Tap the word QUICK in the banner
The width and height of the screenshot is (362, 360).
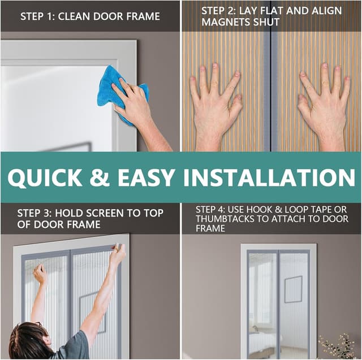coord(45,177)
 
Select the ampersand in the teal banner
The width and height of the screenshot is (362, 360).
coord(100,177)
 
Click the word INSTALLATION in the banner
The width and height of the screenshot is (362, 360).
coord(269,177)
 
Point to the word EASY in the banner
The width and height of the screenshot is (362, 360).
coord(146,177)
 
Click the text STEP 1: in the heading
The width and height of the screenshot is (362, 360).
coord(37,16)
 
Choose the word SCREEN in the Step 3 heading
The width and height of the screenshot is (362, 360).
coord(101,213)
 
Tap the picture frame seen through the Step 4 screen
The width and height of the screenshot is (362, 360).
coord(293,289)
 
